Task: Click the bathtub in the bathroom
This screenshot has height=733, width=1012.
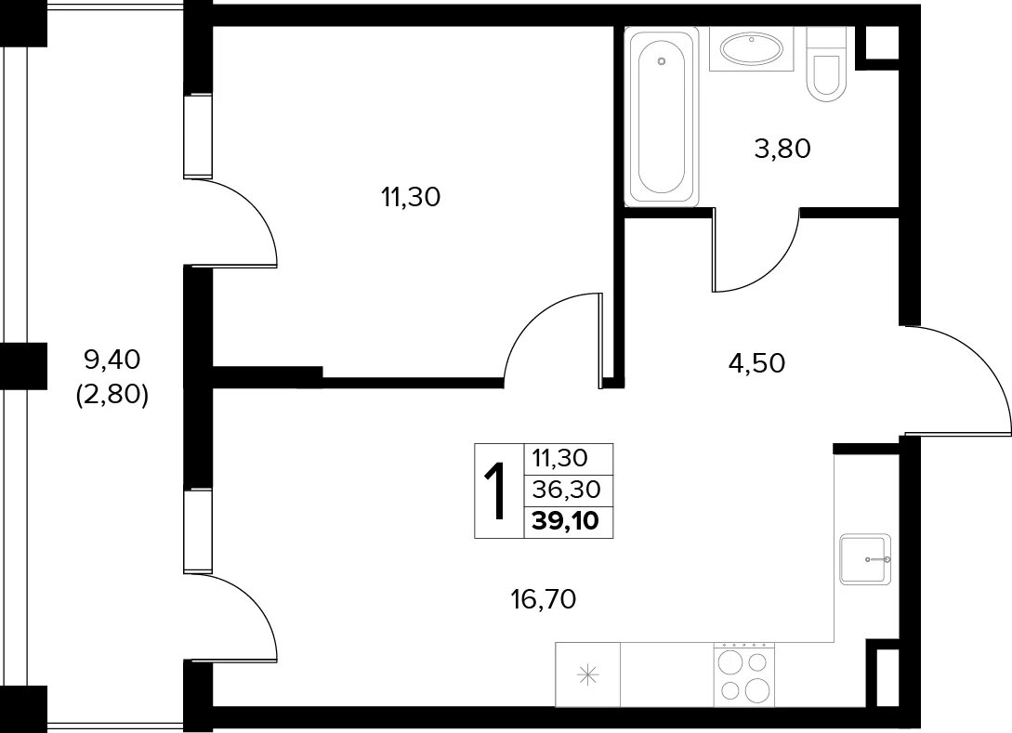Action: [x=662, y=117]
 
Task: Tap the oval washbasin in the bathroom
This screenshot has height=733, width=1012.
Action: [x=751, y=49]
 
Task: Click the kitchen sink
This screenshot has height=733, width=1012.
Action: [x=865, y=558]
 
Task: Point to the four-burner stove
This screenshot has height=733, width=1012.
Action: [x=743, y=674]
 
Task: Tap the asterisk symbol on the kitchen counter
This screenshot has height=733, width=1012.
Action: [x=588, y=675]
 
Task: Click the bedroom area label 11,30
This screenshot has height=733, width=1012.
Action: [x=411, y=197]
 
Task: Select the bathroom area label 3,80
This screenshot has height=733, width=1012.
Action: [x=782, y=149]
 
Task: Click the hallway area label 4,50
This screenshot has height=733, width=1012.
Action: [x=756, y=363]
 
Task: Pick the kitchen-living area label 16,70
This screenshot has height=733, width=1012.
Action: [x=543, y=600]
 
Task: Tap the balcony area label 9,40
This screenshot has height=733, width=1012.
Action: [x=112, y=360]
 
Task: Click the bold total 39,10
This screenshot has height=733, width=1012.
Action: [x=565, y=520]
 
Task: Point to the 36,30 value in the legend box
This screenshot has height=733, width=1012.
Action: [x=566, y=490]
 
